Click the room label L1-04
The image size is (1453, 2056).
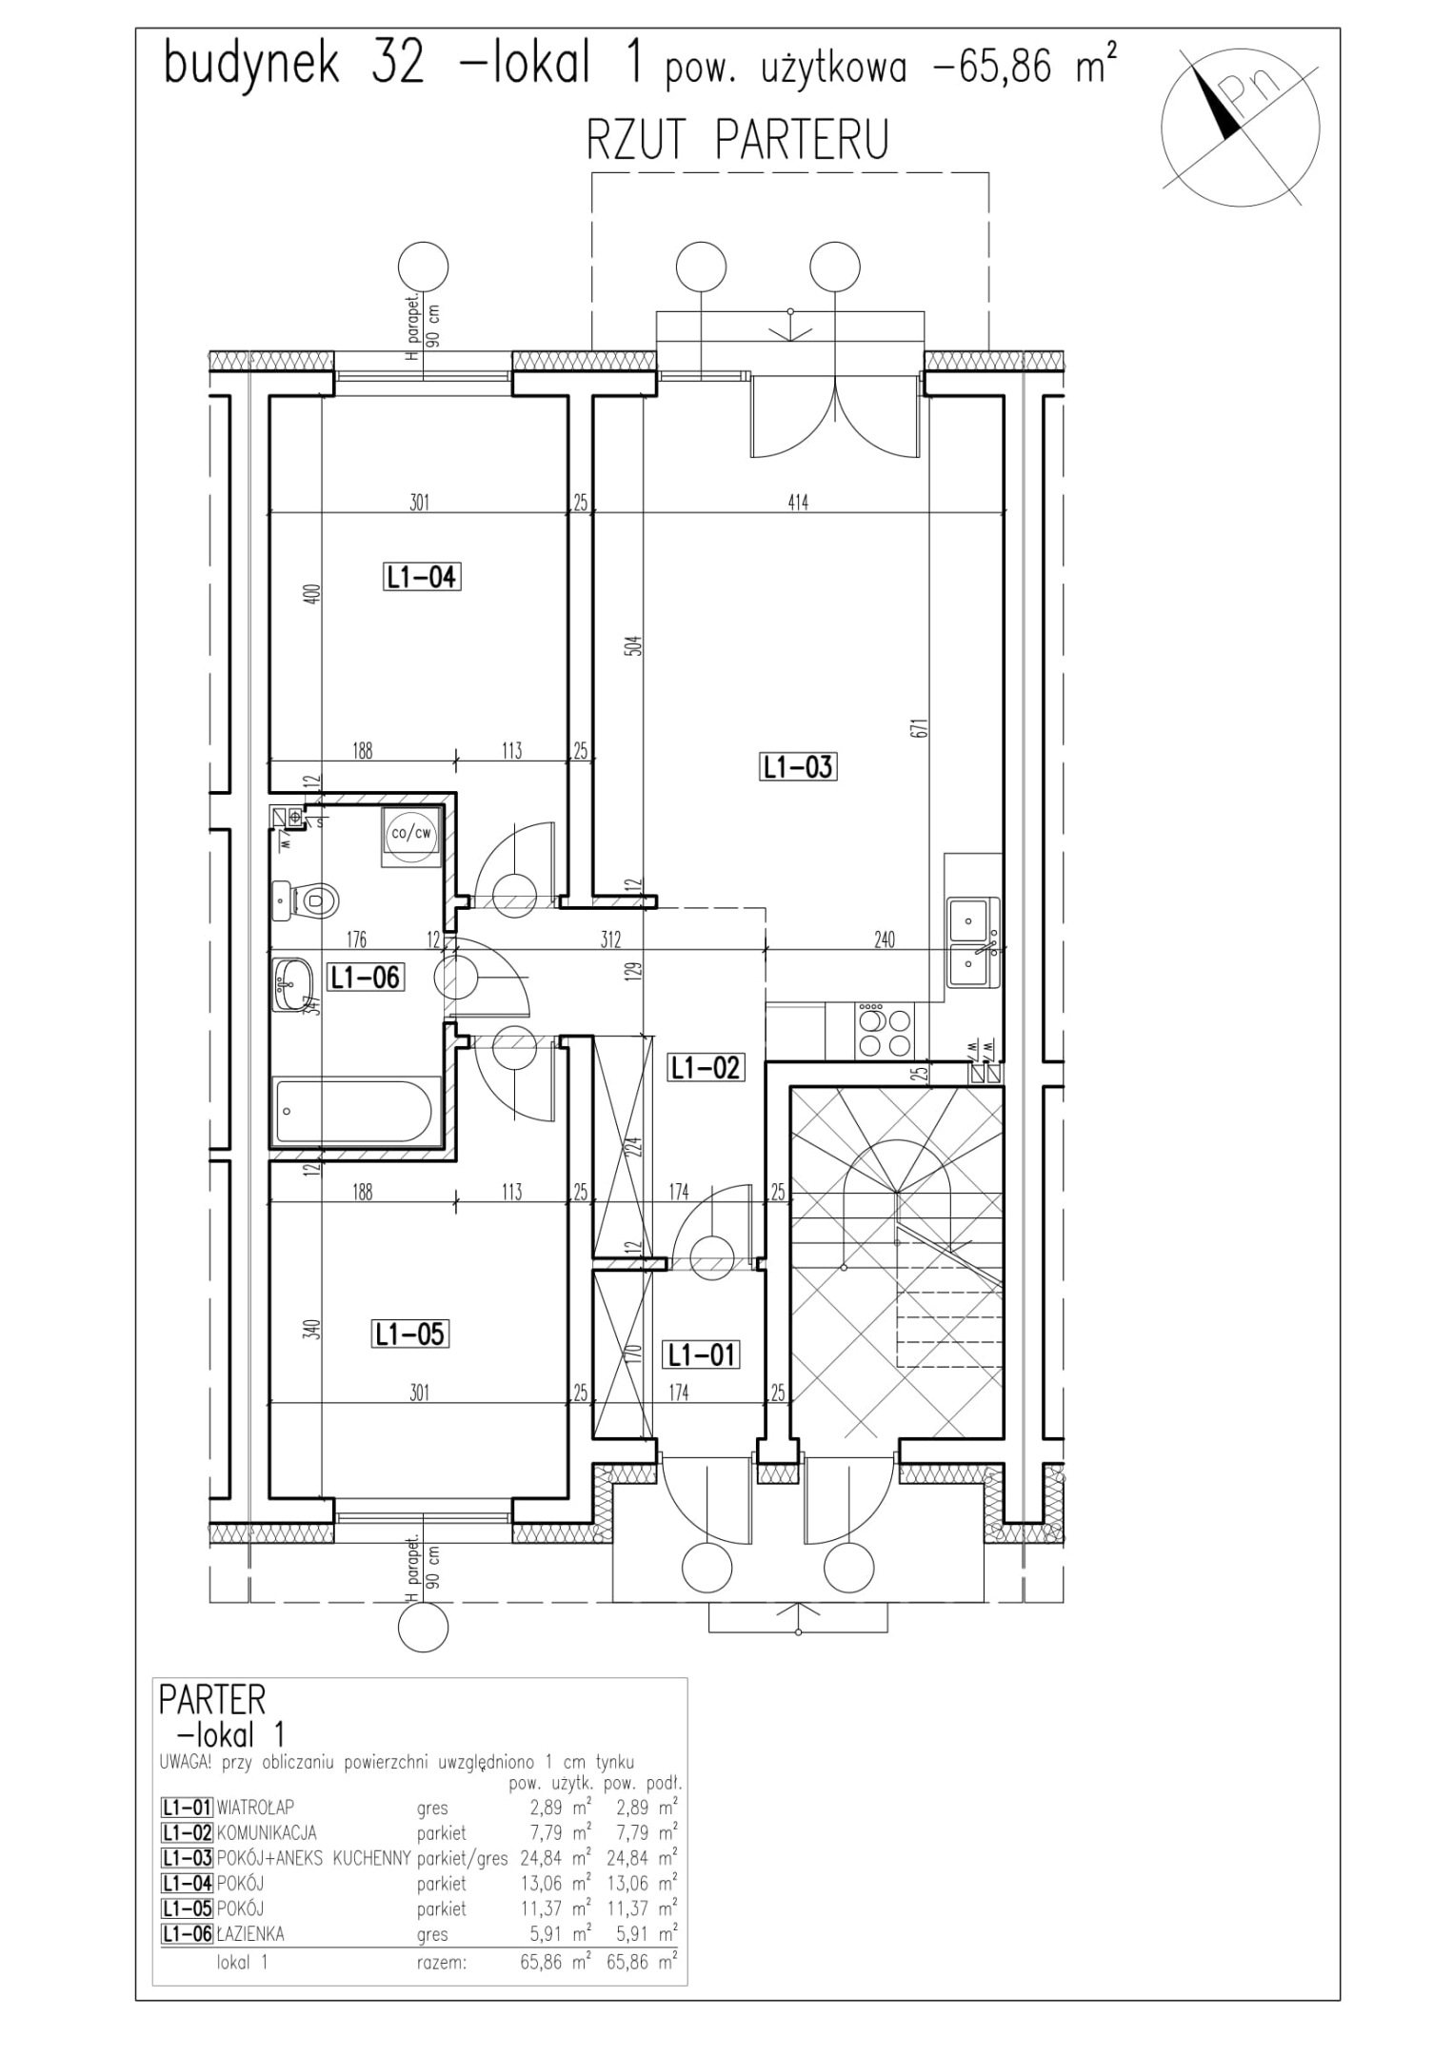click(x=422, y=577)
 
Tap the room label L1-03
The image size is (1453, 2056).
click(x=798, y=766)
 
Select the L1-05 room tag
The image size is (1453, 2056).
click(x=409, y=1334)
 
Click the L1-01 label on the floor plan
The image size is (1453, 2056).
click(x=702, y=1354)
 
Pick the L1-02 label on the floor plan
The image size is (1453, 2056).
click(x=705, y=1068)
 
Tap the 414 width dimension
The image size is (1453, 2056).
click(x=798, y=503)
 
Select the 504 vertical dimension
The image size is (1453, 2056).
click(x=639, y=646)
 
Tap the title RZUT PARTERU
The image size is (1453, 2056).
click(x=738, y=140)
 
